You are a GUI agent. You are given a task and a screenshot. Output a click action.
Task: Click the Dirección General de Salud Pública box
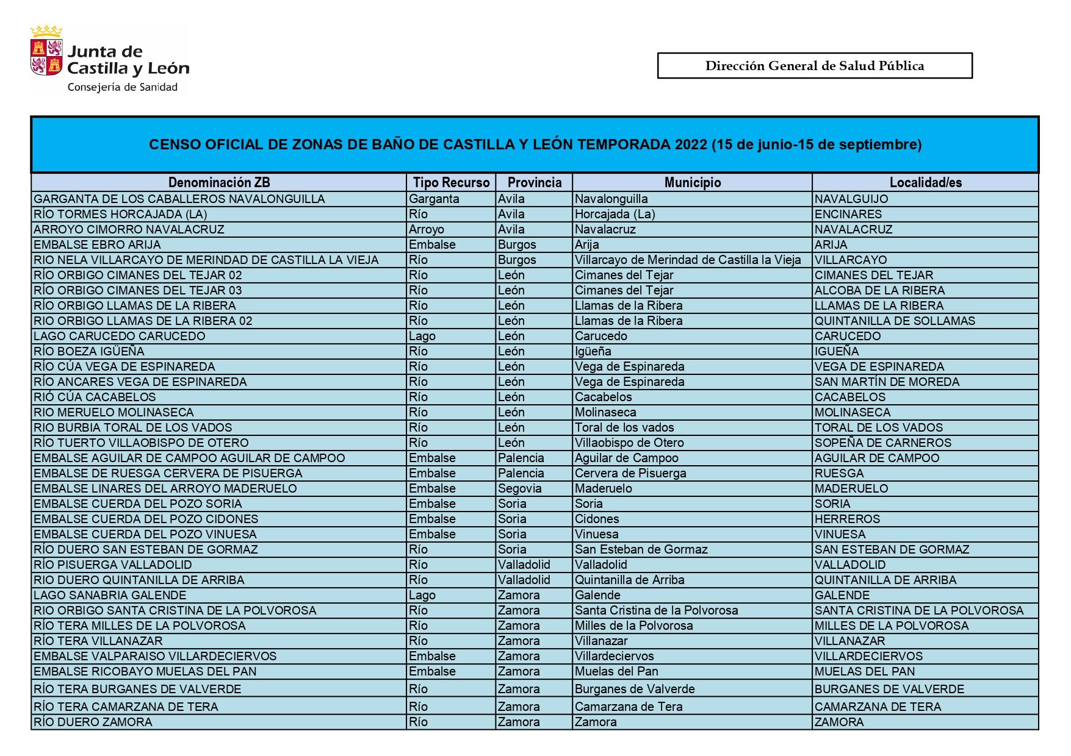click(x=814, y=66)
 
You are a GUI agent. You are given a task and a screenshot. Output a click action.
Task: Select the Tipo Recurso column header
click(x=451, y=182)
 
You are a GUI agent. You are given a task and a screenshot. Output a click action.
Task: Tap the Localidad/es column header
click(x=925, y=182)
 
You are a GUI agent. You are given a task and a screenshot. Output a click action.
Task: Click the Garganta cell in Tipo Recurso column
click(x=434, y=199)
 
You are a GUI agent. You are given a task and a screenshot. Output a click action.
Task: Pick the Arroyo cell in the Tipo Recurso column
click(x=427, y=229)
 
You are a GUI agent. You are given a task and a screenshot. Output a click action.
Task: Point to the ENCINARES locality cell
click(x=848, y=214)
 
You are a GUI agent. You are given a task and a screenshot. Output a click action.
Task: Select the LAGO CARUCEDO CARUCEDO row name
click(x=120, y=336)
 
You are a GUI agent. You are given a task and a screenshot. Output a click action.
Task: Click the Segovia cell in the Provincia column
click(x=519, y=488)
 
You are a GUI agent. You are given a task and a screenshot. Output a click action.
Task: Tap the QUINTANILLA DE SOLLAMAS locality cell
click(x=895, y=321)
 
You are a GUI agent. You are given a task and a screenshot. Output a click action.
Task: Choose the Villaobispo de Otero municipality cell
click(x=629, y=443)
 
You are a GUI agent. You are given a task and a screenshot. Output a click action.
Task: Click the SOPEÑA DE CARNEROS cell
click(x=882, y=443)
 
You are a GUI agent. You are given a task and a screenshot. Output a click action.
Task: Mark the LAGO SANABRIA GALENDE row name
click(x=110, y=595)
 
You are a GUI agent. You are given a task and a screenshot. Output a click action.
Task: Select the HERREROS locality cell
click(x=847, y=519)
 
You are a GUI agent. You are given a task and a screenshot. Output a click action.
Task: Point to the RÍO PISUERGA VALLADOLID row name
click(x=113, y=565)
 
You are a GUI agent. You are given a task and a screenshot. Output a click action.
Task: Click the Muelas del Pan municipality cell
click(x=616, y=671)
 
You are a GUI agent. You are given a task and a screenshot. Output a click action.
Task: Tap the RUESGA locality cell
click(x=839, y=473)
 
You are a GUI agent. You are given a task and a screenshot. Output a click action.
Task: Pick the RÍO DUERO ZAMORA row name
click(x=93, y=722)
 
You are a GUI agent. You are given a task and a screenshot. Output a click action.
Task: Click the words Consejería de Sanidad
click(x=122, y=87)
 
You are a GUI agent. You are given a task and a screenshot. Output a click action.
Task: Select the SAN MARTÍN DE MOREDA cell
click(x=887, y=382)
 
